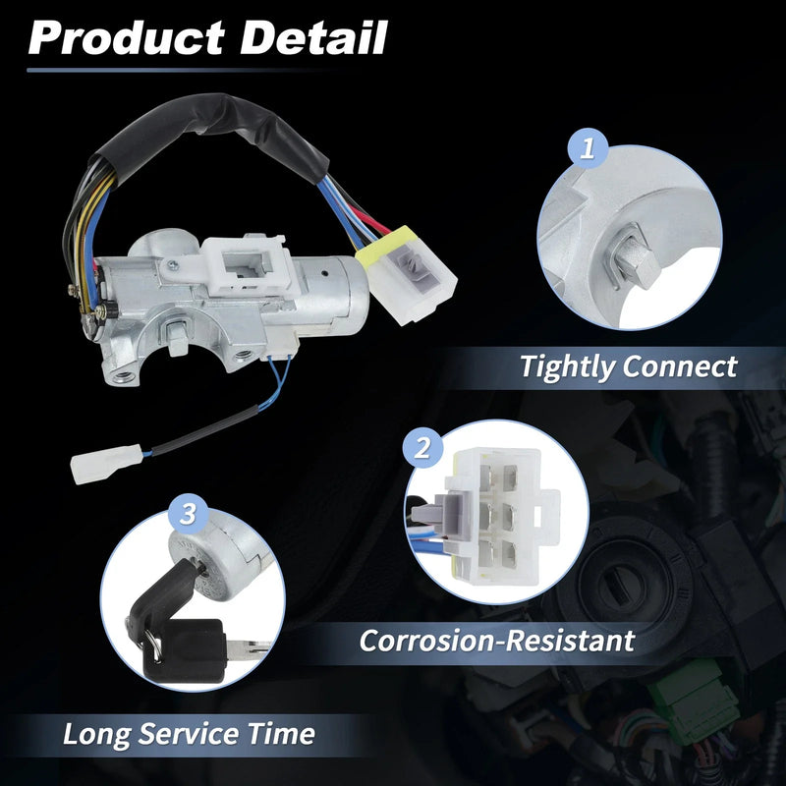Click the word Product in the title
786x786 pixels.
point(126,38)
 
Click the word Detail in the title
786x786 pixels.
point(313,37)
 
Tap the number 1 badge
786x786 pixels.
point(588,148)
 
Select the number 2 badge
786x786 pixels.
point(422,447)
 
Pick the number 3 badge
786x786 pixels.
point(188,513)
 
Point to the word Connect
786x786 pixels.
point(680,365)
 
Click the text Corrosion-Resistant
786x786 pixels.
point(497,641)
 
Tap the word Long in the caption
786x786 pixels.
point(95,734)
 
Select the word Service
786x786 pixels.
point(188,733)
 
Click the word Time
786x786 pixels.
point(281,733)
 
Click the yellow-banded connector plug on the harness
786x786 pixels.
point(406,275)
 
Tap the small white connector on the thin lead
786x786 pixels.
point(106,464)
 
